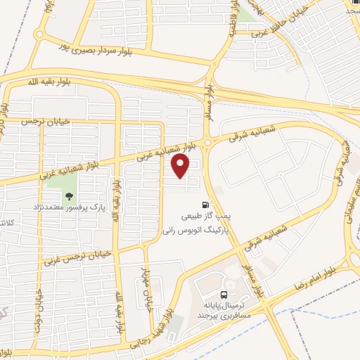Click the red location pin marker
click(181, 166)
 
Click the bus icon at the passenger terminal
click(224, 295)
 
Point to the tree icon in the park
click(69, 196)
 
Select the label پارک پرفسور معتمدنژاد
click(67, 208)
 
